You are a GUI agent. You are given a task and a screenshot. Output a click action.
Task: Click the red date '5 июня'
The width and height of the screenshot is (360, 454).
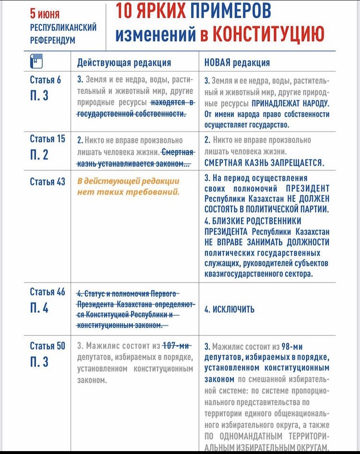tap(45, 14)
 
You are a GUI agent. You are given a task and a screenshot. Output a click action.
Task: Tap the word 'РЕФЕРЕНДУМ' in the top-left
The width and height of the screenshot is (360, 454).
tap(52, 40)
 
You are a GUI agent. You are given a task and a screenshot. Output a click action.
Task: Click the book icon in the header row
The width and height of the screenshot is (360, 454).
tap(36, 61)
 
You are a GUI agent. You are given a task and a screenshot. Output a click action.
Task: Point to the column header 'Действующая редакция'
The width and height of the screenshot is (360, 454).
tap(124, 62)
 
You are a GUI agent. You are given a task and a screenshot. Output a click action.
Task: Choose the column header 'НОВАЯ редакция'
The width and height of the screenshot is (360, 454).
tap(237, 62)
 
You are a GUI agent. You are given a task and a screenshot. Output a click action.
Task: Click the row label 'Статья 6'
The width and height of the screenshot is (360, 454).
tap(46, 80)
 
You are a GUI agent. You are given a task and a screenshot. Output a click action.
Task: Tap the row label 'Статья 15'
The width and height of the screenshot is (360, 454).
tap(47, 139)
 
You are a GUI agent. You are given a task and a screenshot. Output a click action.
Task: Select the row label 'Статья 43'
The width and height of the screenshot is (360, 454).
tap(47, 182)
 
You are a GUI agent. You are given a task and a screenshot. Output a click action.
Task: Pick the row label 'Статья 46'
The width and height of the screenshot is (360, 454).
tap(47, 292)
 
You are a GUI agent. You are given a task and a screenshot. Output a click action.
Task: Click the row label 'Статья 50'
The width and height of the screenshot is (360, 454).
tap(47, 346)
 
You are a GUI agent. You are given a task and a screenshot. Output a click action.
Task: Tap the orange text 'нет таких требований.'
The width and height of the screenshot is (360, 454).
tap(128, 192)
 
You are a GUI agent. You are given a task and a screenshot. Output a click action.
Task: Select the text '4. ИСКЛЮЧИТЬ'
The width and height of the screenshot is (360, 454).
tap(229, 309)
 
